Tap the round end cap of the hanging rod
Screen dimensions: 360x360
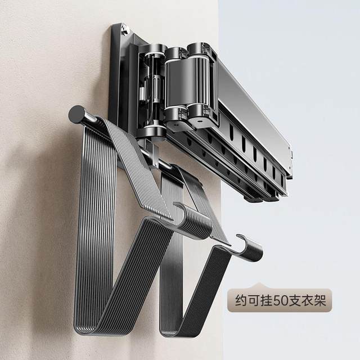[76, 114]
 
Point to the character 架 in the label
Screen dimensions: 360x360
[320, 300]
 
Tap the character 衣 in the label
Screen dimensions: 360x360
[308, 300]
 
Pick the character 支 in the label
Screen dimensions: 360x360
[295, 300]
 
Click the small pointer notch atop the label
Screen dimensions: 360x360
[259, 286]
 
